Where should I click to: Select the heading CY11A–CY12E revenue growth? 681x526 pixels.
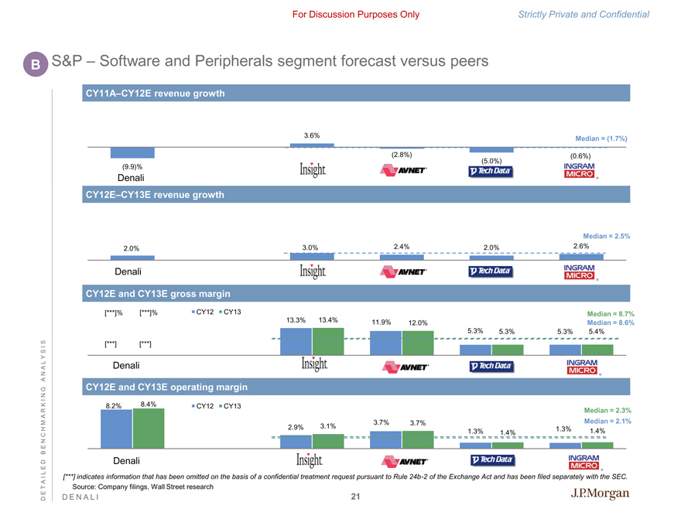point(155,94)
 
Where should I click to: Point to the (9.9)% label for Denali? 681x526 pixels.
point(132,167)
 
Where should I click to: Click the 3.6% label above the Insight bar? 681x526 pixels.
point(312,135)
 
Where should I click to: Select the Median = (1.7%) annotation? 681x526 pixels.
point(601,139)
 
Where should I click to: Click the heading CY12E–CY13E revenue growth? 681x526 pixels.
point(155,195)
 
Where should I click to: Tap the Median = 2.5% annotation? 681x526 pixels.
point(607,235)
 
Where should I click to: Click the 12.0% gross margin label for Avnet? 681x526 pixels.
point(418,323)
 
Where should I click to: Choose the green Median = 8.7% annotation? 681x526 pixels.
point(611,313)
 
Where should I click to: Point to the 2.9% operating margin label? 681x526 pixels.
point(295,427)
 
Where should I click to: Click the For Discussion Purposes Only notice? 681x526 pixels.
point(356,15)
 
